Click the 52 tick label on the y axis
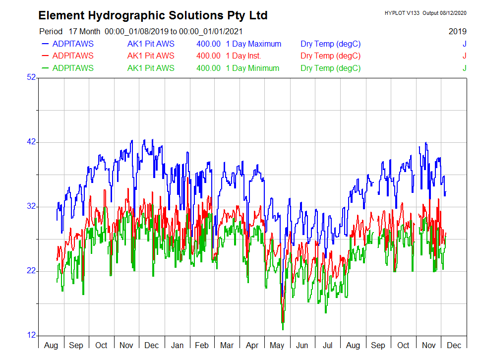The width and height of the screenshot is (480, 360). point(31,77)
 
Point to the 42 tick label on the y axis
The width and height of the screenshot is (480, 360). point(31,142)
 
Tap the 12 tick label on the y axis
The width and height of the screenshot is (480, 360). point(31,335)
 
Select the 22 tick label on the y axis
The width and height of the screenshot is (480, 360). point(31,271)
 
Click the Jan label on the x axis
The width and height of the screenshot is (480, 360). point(177,345)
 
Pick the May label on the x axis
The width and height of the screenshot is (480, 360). point(277,345)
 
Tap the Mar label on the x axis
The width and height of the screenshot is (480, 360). point(227,345)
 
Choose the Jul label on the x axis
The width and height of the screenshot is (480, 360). point(327,345)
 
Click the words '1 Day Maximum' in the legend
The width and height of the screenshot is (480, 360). point(253,44)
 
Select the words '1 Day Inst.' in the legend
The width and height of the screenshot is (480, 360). point(243,56)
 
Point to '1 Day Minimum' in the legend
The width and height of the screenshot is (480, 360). point(252,68)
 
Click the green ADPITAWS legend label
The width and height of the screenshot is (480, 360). point(72,68)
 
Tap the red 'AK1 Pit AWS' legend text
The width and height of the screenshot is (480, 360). point(151,56)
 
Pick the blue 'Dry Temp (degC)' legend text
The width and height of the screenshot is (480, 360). point(330,44)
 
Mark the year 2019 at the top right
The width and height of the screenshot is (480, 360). point(457,31)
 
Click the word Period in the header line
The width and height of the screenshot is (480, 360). point(51,31)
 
